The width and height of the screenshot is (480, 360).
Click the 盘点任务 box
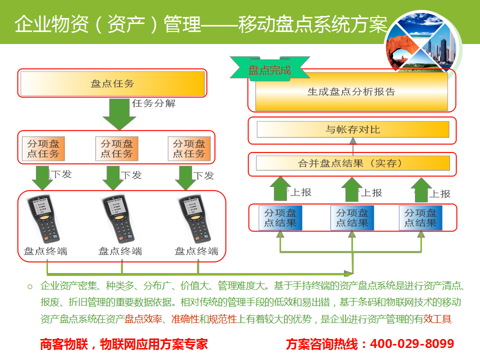112,84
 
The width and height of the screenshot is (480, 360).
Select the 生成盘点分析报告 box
351,92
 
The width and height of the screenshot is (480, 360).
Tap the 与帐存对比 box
352,130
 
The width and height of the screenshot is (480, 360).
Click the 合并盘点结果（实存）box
352,163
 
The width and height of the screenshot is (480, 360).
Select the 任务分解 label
153,104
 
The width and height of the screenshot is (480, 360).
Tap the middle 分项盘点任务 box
116,148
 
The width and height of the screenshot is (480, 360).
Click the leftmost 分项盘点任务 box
44,148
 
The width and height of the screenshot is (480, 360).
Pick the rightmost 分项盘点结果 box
420,218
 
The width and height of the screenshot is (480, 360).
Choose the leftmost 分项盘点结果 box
280,218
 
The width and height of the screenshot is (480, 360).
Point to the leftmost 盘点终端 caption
45,251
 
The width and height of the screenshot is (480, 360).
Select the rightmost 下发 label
203,175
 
